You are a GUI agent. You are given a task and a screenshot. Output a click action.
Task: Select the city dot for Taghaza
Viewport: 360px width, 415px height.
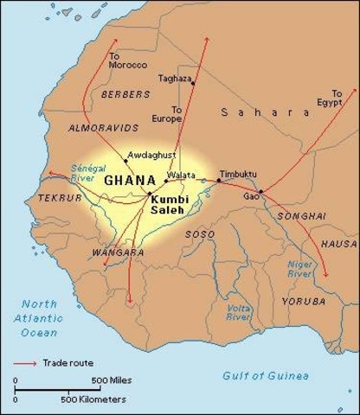coord(194,83)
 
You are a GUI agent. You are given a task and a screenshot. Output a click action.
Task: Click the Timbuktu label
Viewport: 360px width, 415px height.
coord(237,174)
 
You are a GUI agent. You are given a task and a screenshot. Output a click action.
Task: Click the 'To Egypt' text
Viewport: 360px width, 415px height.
coord(337,97)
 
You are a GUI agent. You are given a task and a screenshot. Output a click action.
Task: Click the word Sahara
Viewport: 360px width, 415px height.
coord(264,112)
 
